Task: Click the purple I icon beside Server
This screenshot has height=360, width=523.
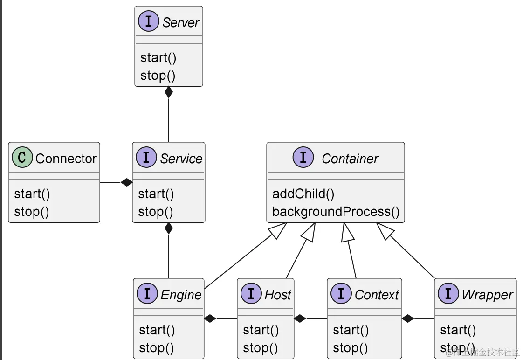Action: pyautogui.click(x=149, y=22)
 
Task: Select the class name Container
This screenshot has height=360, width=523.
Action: pyautogui.click(x=350, y=159)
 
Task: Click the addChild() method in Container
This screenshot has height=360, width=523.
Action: pyautogui.click(x=303, y=194)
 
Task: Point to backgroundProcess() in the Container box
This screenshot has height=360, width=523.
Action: pyautogui.click(x=336, y=212)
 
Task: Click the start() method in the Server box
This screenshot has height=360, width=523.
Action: pyautogui.click(x=158, y=58)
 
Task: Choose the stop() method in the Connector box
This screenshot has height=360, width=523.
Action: pyautogui.click(x=31, y=212)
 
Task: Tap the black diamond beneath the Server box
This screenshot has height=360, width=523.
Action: pyautogui.click(x=169, y=92)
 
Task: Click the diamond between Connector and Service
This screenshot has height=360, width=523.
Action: pyautogui.click(x=126, y=182)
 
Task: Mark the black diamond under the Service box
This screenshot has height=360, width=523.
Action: pyautogui.click(x=169, y=228)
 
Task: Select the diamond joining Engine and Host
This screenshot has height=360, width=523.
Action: pyautogui.click(x=210, y=318)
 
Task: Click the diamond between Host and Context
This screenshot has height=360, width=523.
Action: pyautogui.click(x=300, y=318)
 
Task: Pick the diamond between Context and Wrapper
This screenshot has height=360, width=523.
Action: pyautogui.click(x=408, y=318)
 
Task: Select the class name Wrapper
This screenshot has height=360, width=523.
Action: pyautogui.click(x=487, y=295)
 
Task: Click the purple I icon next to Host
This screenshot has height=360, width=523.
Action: pyautogui.click(x=251, y=294)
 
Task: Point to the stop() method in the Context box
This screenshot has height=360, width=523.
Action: pyautogui.click(x=350, y=348)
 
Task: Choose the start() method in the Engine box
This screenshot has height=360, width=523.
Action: pyautogui.click(x=157, y=330)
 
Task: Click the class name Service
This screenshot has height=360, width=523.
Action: pyautogui.click(x=181, y=159)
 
